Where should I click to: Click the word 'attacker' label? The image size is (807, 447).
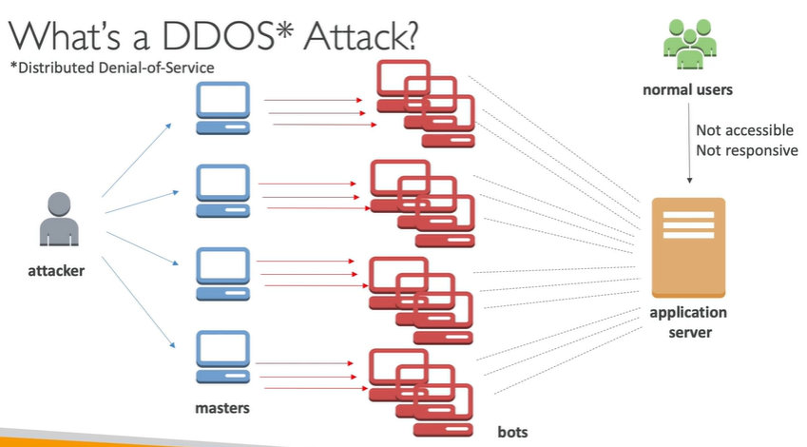click(56, 271)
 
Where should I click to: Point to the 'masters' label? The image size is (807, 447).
click(222, 409)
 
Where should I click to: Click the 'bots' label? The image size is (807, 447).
click(512, 431)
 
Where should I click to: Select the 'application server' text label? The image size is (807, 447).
click(688, 322)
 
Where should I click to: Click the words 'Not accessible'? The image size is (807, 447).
click(744, 130)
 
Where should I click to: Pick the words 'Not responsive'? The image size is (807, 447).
click(747, 150)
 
